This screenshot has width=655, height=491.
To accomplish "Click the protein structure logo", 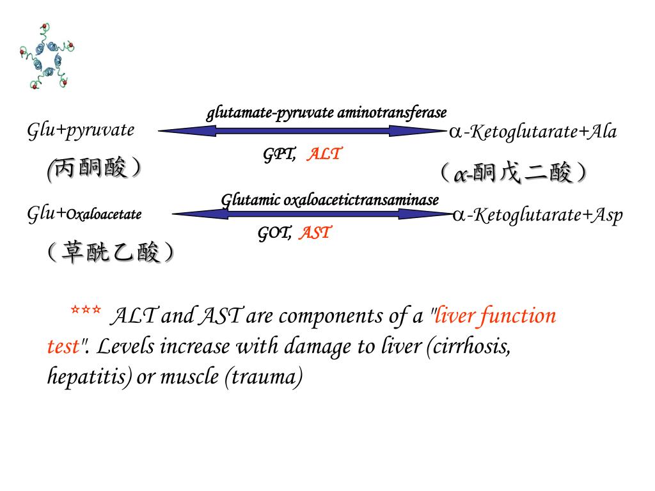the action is pos(46,56).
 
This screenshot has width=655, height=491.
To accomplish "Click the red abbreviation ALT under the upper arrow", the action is pos(324,154).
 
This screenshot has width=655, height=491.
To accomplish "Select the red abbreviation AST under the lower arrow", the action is pos(315,233).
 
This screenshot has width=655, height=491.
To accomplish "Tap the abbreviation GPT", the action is pos(280,154).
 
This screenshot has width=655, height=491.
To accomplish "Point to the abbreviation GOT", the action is pos(274,233).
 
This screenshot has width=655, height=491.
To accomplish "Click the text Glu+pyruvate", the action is pos(81,130).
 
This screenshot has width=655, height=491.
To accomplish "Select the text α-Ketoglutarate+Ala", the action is pos(533,132).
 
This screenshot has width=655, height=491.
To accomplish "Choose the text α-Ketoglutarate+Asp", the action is pos(537,215).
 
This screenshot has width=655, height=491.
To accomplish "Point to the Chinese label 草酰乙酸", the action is pos(110,253).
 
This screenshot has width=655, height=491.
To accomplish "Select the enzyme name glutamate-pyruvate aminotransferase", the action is pos(326,114).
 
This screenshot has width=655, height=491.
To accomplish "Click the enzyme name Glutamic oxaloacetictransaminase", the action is pos(330,200).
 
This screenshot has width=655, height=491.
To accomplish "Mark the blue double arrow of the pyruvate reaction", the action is pos(301,131).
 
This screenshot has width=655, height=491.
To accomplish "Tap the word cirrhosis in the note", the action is pos(470,347).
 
